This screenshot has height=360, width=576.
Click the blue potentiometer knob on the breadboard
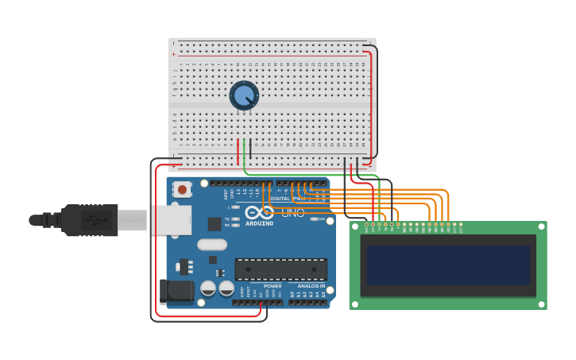pyautogui.click(x=244, y=95)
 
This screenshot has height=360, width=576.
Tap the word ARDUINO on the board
pyautogui.click(x=260, y=223)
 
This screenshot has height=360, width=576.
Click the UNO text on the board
pyautogui.click(x=292, y=213)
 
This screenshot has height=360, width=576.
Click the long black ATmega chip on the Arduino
pyautogui.click(x=280, y=269)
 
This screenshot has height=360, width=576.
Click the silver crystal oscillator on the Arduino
pyautogui.click(x=212, y=245)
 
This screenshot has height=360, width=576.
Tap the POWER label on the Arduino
pyautogui.click(x=273, y=285)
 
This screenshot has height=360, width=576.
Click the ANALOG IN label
pyautogui.click(x=311, y=285)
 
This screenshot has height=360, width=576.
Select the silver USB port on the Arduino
pyautogui.click(x=171, y=219)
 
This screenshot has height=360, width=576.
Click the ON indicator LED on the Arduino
pyautogui.click(x=315, y=219)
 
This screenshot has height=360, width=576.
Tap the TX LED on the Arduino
pyautogui.click(x=236, y=219)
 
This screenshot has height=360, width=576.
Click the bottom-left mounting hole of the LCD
pyautogui.click(x=355, y=304)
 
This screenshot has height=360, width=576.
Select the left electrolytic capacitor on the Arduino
pyautogui.click(x=208, y=288)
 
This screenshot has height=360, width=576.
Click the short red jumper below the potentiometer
pyautogui.click(x=238, y=152)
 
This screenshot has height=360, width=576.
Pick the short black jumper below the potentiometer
pyautogui.click(x=250, y=149)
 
